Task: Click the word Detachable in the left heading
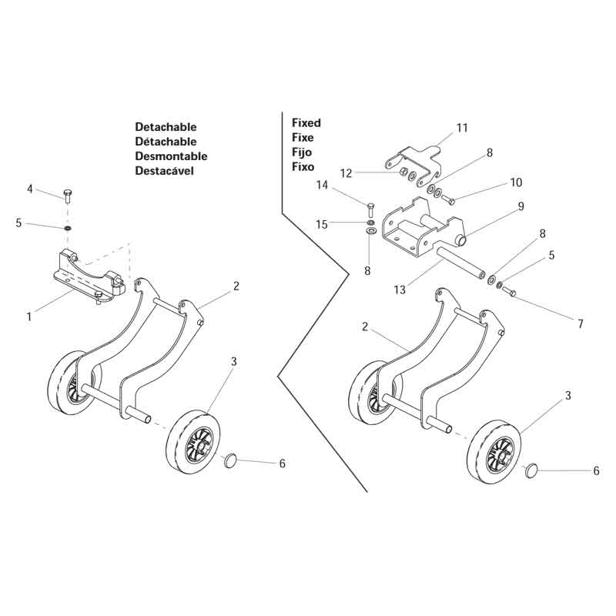click(x=166, y=127)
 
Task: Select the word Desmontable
click(x=171, y=156)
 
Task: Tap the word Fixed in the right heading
click(x=306, y=122)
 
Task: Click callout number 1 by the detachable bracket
click(x=28, y=316)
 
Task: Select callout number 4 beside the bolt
click(x=30, y=189)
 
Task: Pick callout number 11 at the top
click(x=461, y=129)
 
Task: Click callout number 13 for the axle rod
click(x=400, y=290)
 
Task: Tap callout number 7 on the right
click(x=580, y=324)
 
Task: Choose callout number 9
click(x=521, y=206)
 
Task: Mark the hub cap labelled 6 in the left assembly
click(x=230, y=460)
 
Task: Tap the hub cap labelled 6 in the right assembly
click(x=531, y=469)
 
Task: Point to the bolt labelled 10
click(x=450, y=200)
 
